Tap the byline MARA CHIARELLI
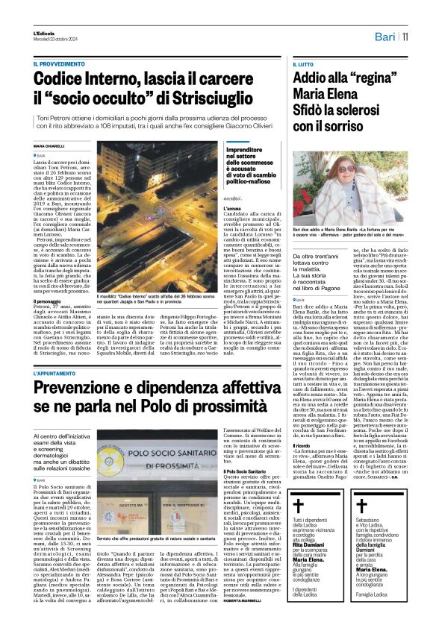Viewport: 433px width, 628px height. point(49,145)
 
